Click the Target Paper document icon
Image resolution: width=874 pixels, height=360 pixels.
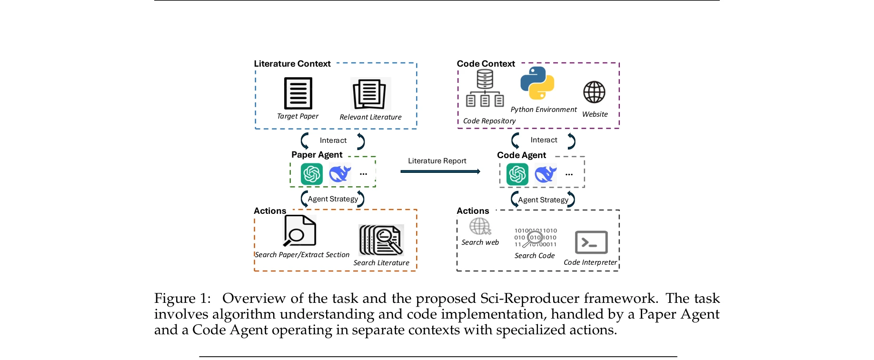point(298,93)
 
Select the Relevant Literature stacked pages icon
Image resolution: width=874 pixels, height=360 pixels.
point(370,94)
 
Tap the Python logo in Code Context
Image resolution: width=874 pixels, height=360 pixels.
point(537,83)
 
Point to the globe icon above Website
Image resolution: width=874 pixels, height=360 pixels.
point(594,92)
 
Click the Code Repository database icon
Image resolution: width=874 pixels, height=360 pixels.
point(485,89)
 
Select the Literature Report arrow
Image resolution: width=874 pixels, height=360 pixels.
point(440,171)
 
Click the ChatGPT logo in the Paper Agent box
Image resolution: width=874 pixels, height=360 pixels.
point(312,174)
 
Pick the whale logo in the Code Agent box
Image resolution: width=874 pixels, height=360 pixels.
point(546,174)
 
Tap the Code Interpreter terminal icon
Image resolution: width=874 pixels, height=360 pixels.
point(591,242)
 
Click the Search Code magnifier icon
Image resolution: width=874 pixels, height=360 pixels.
point(535,238)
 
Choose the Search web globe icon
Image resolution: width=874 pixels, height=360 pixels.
point(480,227)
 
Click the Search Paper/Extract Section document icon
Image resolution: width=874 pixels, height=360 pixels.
point(299,231)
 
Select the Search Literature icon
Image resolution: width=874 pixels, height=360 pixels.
point(381,240)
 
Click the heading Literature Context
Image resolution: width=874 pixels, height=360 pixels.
point(292,64)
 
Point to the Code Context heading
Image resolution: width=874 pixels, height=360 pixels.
point(486,64)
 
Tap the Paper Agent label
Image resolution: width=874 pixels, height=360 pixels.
point(317,155)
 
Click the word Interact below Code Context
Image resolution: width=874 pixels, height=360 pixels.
point(544,140)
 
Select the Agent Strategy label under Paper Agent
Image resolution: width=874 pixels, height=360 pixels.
point(333,199)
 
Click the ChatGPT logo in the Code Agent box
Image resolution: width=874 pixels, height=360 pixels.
point(517,174)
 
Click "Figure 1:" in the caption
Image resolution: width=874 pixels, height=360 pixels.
point(182,299)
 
